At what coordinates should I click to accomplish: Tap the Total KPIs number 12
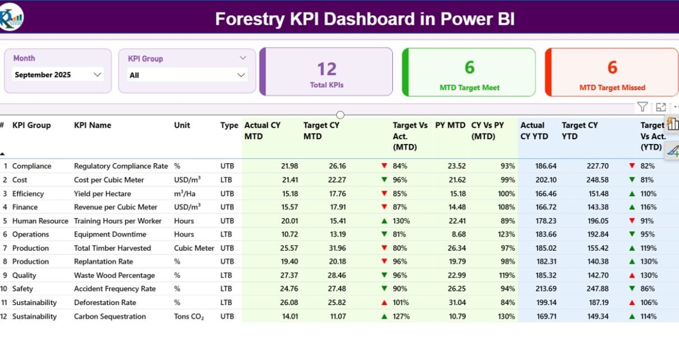tap(327, 69)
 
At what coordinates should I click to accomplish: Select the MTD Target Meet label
tap(469, 87)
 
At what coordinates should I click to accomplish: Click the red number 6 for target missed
tap(612, 68)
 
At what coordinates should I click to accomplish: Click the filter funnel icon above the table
tap(643, 107)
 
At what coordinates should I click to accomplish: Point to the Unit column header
tap(182, 126)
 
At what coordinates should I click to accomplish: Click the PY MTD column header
tap(450, 126)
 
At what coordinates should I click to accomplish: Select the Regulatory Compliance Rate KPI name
tap(121, 166)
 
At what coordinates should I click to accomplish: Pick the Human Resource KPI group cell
tap(40, 221)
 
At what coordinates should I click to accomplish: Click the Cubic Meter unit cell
tap(194, 248)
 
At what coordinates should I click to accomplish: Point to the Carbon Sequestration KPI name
tap(109, 316)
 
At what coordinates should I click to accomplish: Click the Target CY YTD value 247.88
tap(597, 289)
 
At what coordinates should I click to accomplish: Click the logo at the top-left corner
tap(12, 17)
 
